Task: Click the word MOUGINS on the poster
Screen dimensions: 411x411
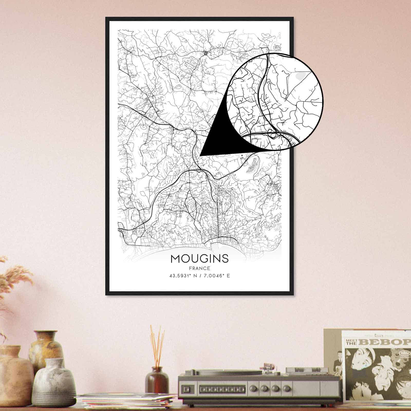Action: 199,259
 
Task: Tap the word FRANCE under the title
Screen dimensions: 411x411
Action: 199,269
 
